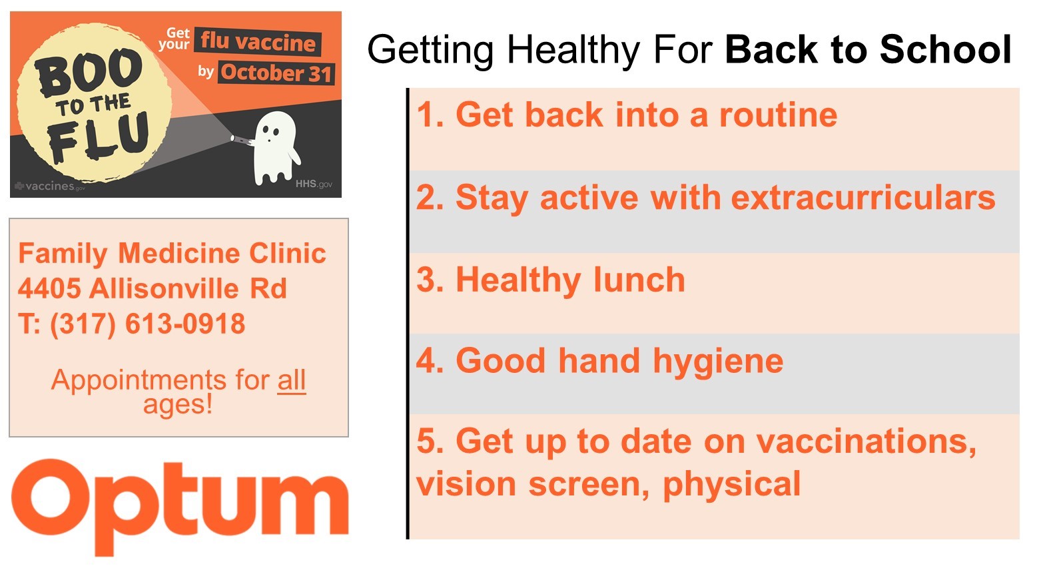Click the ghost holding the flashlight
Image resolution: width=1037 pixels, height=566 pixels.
pyautogui.click(x=276, y=148)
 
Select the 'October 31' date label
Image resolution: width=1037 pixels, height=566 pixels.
pyautogui.click(x=276, y=73)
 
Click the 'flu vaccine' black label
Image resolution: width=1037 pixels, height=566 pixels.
pyautogui.click(x=258, y=42)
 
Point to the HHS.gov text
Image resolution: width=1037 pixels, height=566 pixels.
pyautogui.click(x=314, y=184)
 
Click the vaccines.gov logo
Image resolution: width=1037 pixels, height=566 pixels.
pyautogui.click(x=50, y=186)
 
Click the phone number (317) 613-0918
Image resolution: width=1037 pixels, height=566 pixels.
pyautogui.click(x=148, y=324)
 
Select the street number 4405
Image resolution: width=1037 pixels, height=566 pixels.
pyautogui.click(x=49, y=288)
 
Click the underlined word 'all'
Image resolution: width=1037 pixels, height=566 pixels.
pyautogui.click(x=292, y=380)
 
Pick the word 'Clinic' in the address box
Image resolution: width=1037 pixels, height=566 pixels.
pyautogui.click(x=288, y=253)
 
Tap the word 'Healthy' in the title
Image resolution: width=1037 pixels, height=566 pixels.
pyautogui.click(x=573, y=50)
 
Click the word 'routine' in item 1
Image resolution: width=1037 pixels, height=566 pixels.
pyautogui.click(x=778, y=115)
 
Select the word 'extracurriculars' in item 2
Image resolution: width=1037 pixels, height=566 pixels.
pyautogui.click(x=863, y=198)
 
